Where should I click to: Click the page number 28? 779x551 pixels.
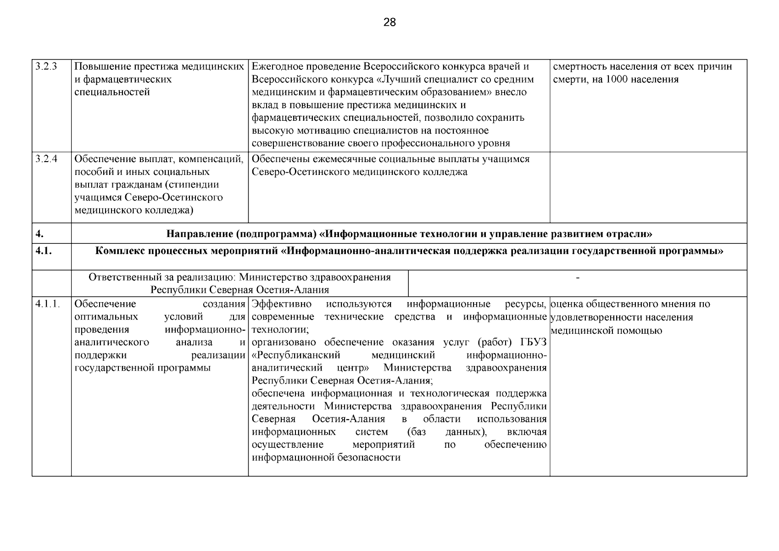click(x=389, y=22)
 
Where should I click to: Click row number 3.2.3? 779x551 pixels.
click(x=46, y=67)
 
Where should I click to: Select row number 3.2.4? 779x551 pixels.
click(x=46, y=159)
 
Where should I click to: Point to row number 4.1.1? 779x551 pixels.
click(x=48, y=304)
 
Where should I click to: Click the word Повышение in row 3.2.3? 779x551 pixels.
click(x=98, y=67)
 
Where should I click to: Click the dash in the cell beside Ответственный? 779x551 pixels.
click(x=577, y=278)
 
